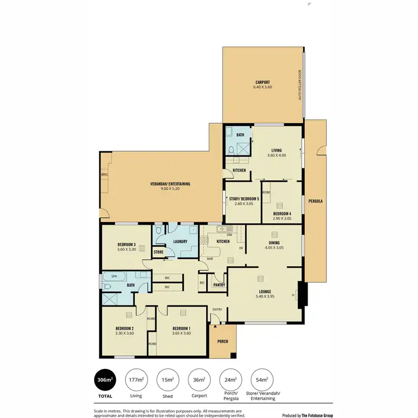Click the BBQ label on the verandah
click(104, 174)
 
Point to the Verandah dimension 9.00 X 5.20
click(170, 189)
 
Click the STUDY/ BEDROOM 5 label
click(244, 199)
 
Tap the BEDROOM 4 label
click(281, 213)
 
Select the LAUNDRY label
click(179, 241)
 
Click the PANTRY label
click(218, 284)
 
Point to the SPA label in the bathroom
click(114, 276)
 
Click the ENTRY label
click(217, 310)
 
